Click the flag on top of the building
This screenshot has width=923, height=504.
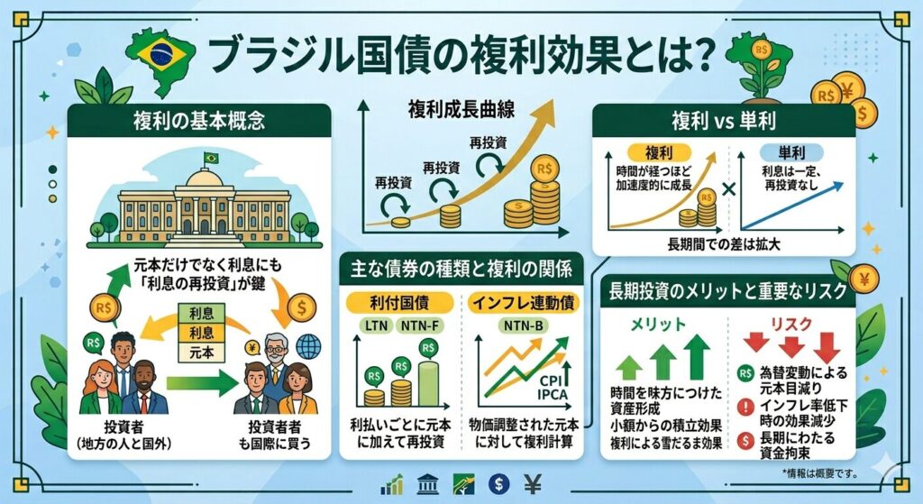(x=211, y=158)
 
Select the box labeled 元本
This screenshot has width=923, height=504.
(x=196, y=353)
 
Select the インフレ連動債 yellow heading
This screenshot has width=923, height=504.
(x=519, y=298)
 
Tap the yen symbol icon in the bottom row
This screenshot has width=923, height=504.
(x=534, y=485)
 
